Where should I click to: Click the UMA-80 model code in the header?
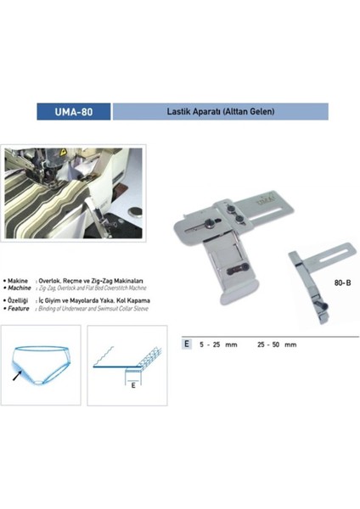75,111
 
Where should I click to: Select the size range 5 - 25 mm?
217,345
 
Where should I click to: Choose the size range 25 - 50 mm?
278,345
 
